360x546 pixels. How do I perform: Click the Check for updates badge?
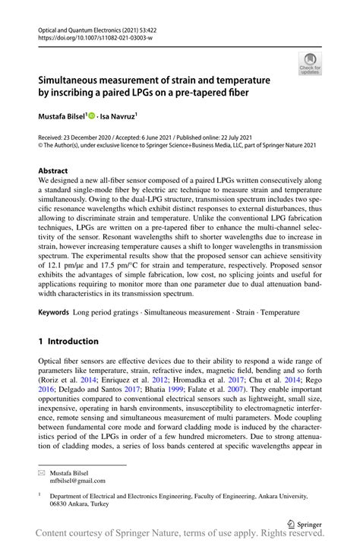click(310, 64)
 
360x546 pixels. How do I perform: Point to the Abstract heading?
click(53, 172)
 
